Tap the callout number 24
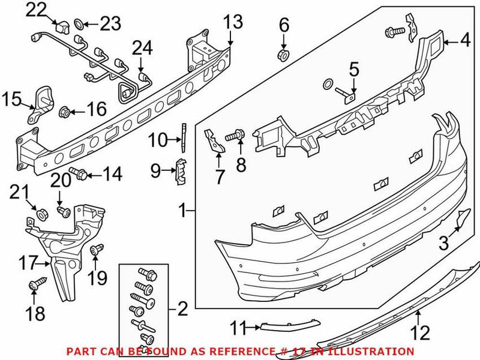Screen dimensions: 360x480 coord(142,46)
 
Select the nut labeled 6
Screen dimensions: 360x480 coord(284,56)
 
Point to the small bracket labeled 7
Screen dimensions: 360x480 coord(212,141)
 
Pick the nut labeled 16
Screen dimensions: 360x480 coord(65,111)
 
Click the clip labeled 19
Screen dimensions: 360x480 coord(94,250)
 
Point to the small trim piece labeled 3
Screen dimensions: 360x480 coord(463,219)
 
